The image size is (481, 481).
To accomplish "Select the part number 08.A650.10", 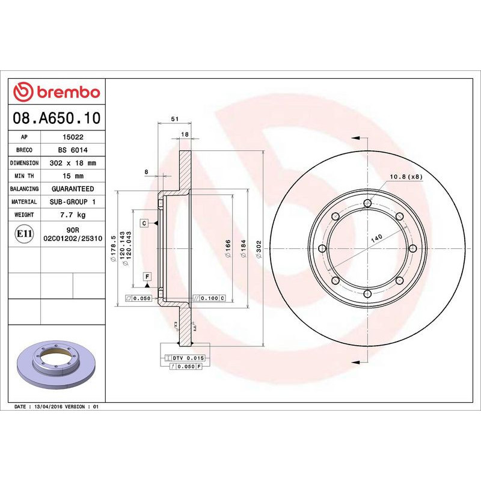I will point(57,118).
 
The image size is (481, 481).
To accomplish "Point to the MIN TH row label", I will point(25,176).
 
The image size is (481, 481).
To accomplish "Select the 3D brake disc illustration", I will point(55,366).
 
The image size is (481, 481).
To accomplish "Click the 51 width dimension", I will point(174,120).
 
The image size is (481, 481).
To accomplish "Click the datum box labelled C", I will point(144,223).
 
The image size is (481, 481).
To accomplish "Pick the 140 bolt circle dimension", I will point(376,238).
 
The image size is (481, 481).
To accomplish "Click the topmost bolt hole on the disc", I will point(367,203).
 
